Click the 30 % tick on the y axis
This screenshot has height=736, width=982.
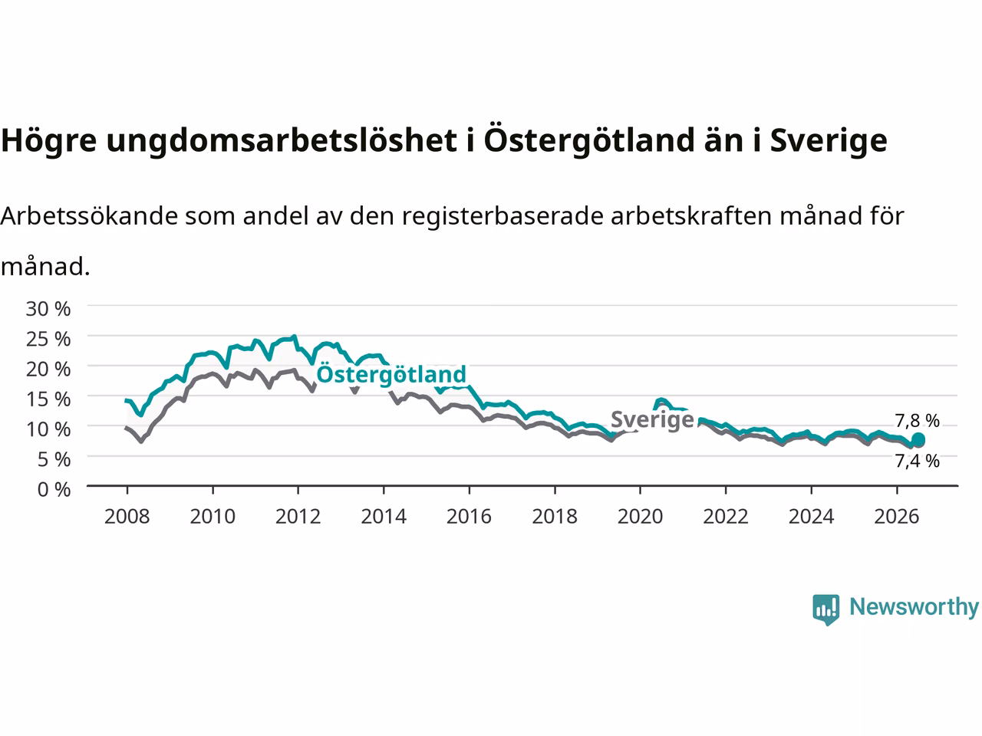(x=48, y=309)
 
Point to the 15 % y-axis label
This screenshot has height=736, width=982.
(x=48, y=399)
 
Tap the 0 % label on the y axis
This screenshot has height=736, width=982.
(x=54, y=490)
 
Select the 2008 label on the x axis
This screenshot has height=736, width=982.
(x=127, y=517)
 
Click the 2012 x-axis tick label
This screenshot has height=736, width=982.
(x=298, y=517)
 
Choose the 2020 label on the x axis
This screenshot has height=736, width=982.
(x=640, y=517)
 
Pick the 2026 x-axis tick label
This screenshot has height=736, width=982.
(x=897, y=517)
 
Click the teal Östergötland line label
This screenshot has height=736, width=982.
(x=391, y=373)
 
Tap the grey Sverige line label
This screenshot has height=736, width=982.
(x=652, y=419)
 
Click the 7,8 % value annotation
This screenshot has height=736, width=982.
(x=917, y=420)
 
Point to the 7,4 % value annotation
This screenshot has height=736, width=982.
(x=917, y=461)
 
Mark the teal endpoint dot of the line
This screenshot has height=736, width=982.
(x=918, y=439)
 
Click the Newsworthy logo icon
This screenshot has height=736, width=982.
(x=825, y=609)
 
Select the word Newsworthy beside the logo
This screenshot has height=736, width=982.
(x=914, y=606)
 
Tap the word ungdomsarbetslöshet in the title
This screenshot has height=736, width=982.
(x=282, y=140)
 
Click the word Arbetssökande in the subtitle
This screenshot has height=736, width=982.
(x=89, y=216)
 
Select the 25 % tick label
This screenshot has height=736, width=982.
(x=48, y=339)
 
